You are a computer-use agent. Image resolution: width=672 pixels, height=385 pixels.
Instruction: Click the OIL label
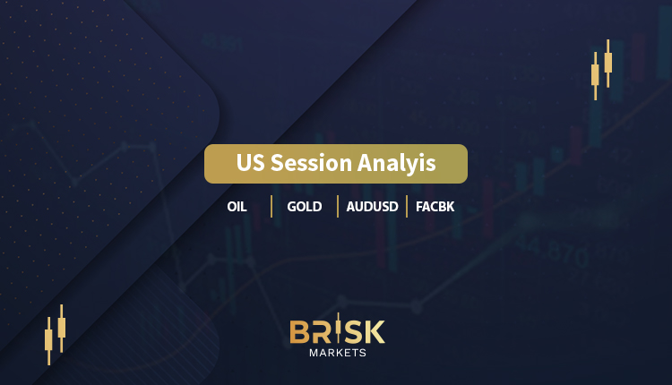pos(237,207)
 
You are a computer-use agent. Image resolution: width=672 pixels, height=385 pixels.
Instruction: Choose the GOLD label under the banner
pos(305,207)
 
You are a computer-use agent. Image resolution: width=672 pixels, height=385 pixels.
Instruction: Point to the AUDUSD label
pos(373,207)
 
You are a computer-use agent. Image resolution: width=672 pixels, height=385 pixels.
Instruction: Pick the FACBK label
pos(435,207)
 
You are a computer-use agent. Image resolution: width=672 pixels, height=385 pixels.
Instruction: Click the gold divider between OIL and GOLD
pos(271,207)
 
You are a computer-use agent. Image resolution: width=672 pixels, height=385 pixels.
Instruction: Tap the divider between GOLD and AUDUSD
pos(338,207)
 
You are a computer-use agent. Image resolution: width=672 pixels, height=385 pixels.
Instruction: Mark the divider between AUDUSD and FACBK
pos(407,207)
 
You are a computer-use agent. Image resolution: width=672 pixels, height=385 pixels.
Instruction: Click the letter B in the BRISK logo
pos(299,332)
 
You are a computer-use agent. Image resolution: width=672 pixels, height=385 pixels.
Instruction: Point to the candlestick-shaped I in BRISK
pos(338,328)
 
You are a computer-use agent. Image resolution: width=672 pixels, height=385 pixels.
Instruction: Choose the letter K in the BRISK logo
pos(375,332)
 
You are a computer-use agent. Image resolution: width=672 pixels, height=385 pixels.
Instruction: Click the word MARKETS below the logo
pos(338,353)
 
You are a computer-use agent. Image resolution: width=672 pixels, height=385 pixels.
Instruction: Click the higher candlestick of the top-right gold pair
pos(608,63)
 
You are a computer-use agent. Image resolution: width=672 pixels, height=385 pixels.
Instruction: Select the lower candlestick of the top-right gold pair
pos(595,76)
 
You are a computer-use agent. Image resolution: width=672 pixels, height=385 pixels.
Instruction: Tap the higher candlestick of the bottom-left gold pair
pos(62,328)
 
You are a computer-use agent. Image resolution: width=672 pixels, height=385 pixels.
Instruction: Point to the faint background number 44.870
pos(552,251)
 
